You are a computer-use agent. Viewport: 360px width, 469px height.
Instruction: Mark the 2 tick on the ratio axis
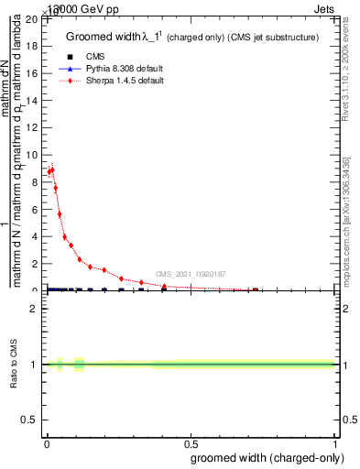coord(36,309)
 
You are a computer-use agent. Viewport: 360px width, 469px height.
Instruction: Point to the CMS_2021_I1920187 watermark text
coord(191,274)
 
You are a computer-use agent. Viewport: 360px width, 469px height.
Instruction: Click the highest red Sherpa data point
coord(52,169)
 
